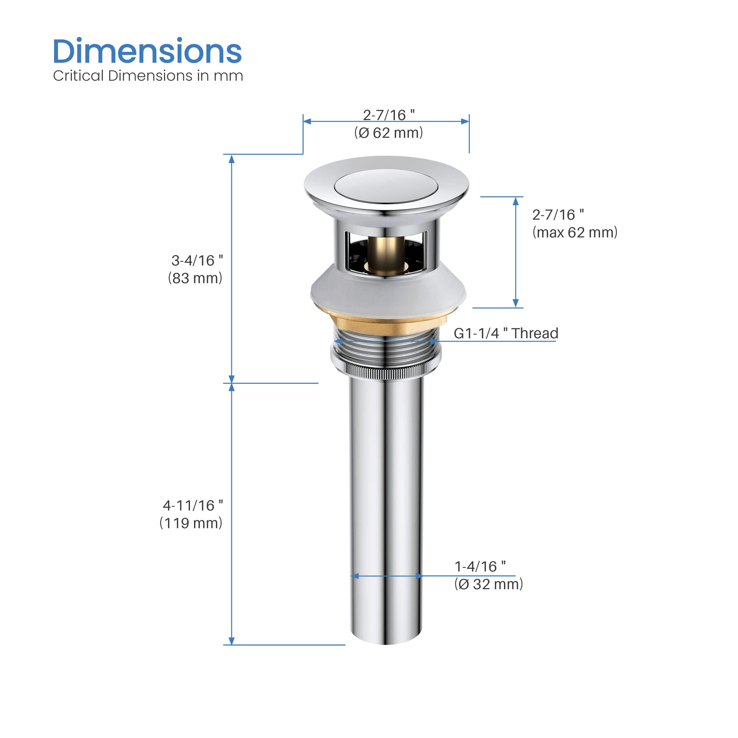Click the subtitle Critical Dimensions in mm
pos(148,76)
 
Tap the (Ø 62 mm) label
pos(388,133)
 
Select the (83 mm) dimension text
pos(195,278)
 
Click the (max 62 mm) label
pos(575,232)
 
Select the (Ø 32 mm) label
pos(489,584)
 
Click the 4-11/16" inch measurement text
pos(193,505)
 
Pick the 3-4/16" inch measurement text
pos(197,261)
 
